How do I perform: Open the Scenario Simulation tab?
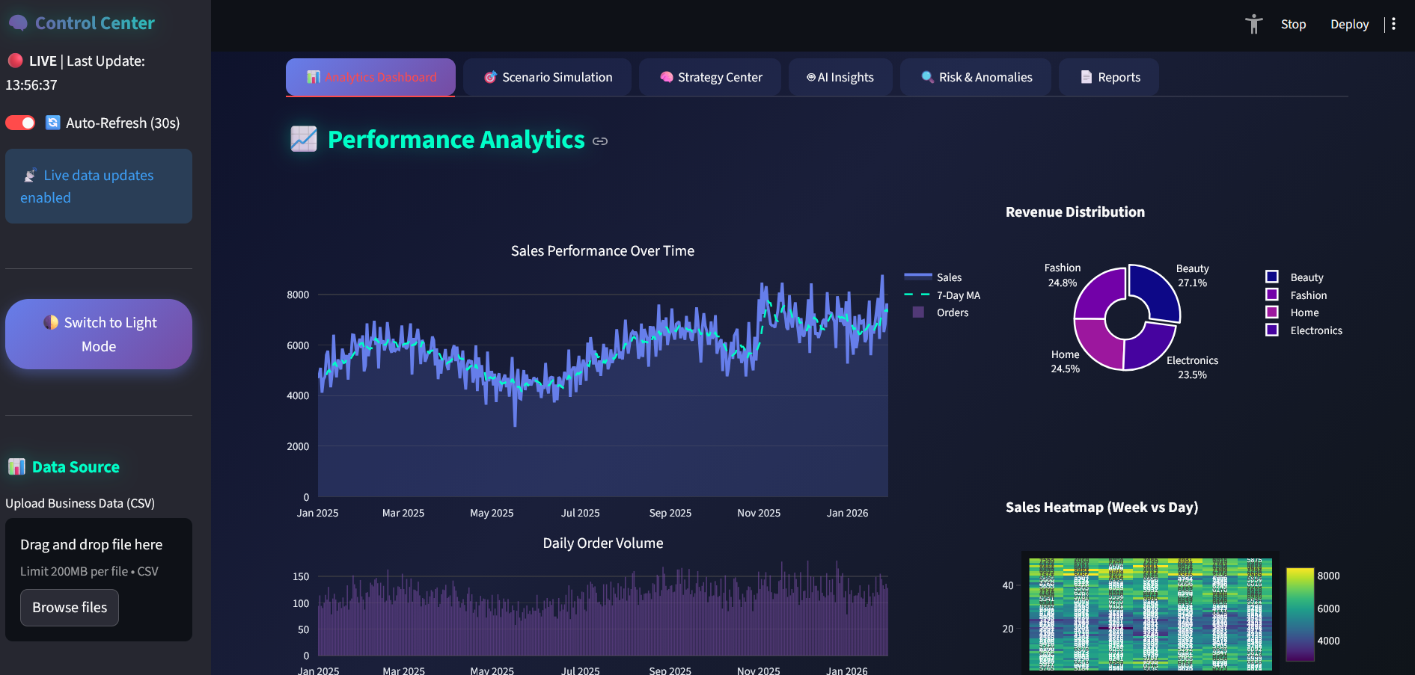[548, 77]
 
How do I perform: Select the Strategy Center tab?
[710, 77]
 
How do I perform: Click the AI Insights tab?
[840, 77]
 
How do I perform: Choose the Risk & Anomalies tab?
[976, 77]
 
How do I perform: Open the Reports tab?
[1109, 77]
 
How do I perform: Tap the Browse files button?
[70, 608]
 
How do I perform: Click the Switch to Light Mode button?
[99, 334]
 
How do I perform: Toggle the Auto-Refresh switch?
[20, 123]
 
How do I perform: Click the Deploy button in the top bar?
[1349, 24]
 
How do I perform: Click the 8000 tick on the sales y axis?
[298, 295]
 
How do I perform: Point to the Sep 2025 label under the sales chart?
[670, 513]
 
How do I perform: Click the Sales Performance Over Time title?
[602, 251]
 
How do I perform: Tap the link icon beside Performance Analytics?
[600, 141]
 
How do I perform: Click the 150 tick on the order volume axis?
[301, 576]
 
